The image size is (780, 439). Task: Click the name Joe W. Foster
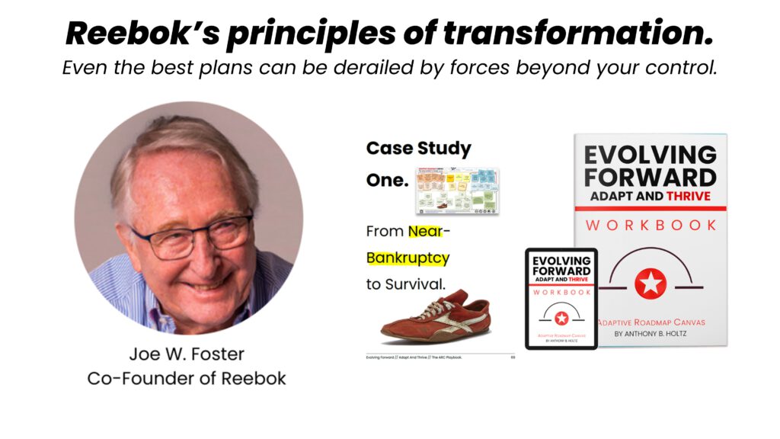click(187, 354)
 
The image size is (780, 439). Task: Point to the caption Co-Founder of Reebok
click(187, 378)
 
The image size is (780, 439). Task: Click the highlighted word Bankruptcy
click(408, 258)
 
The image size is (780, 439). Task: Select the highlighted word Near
click(425, 230)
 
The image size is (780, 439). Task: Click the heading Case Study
click(419, 149)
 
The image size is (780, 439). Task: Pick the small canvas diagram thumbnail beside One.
click(457, 191)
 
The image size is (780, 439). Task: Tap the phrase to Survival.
click(404, 284)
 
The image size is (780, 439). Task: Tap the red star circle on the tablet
click(561, 318)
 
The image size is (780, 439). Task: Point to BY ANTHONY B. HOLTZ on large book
click(650, 335)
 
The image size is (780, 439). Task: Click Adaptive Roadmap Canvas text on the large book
click(650, 322)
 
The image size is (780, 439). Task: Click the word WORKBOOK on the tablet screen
click(561, 293)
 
